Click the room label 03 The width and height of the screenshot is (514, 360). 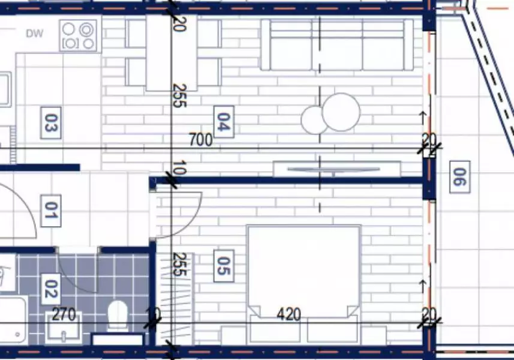(51, 122)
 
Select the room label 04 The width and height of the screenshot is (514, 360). (224, 122)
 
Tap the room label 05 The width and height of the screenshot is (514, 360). (224, 266)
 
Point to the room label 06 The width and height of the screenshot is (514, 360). (459, 177)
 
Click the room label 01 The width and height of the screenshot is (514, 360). (51, 211)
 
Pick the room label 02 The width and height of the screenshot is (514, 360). (51, 289)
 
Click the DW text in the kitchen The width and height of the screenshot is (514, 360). (34, 34)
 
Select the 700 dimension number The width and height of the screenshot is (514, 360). (200, 140)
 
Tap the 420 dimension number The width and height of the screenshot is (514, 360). (288, 314)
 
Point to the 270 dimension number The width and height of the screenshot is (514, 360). (64, 315)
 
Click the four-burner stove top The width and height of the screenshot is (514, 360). (79, 36)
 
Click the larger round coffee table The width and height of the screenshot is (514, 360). (341, 112)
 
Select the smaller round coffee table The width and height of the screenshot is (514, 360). (314, 120)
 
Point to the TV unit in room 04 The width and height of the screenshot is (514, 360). (336, 169)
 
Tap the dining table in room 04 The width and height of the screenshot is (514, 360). (171, 52)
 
